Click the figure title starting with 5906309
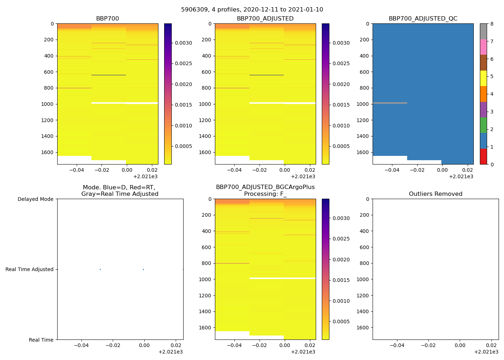[x=252, y=10]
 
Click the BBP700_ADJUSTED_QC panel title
[x=423, y=19]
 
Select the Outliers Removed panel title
[x=436, y=194]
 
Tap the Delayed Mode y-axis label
[x=35, y=199]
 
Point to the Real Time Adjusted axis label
[x=29, y=269]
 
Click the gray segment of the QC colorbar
[x=483, y=31]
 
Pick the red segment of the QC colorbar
[x=483, y=157]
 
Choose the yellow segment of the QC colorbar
[x=483, y=78]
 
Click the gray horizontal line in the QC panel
[x=390, y=103]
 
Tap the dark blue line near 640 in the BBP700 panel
[x=109, y=75]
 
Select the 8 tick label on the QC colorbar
[x=492, y=24]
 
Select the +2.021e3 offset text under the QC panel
[x=461, y=176]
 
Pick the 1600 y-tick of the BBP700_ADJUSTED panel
[x=205, y=152]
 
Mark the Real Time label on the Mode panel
[x=41, y=340]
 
